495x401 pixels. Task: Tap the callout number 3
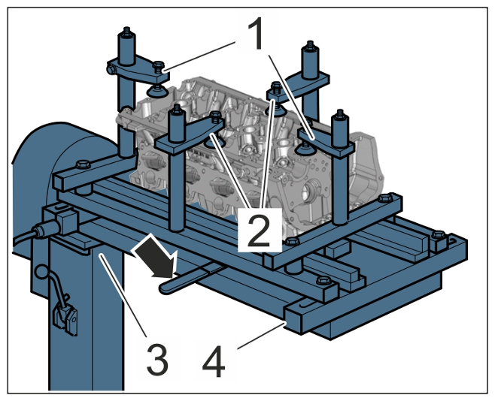pos(157,359)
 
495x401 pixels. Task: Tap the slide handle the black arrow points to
pos(190,278)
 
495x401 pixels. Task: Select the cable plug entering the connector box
pos(44,229)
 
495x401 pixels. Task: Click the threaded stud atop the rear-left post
pos(127,32)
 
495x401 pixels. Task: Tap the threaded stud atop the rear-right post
pos(310,45)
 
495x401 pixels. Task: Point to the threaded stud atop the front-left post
pos(177,110)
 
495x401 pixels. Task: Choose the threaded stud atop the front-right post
pos(340,113)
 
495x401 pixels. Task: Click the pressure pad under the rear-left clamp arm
pos(156,91)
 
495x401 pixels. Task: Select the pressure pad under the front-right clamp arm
pos(305,149)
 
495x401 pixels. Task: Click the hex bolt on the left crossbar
pos(83,164)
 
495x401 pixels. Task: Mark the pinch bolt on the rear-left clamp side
pos(111,68)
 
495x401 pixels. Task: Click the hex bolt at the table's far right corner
pos(438,235)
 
